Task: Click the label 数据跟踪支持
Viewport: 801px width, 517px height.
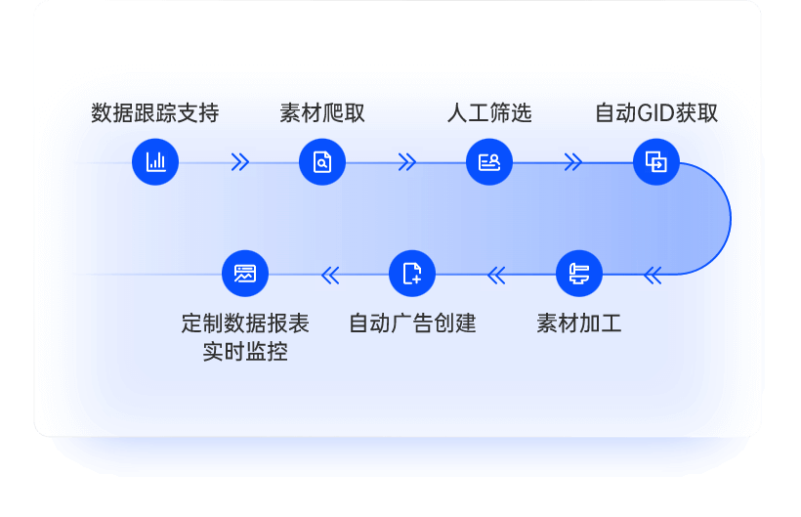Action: pos(154,113)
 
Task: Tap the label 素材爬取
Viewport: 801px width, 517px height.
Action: pos(322,113)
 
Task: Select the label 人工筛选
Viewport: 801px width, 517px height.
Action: pos(489,113)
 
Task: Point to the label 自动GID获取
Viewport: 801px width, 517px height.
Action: pos(656,113)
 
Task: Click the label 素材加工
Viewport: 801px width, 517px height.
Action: pos(579,323)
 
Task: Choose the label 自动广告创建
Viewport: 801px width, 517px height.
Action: pos(412,323)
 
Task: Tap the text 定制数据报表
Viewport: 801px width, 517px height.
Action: pos(245,323)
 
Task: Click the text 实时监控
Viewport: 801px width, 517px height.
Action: pos(245,352)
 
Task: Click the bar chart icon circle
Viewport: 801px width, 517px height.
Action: pos(155,162)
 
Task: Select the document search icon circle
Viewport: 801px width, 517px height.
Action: pos(322,162)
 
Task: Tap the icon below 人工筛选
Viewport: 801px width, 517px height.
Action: pos(489,162)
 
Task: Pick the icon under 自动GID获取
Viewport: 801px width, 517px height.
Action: pos(656,162)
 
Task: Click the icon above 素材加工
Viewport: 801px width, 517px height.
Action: pos(579,275)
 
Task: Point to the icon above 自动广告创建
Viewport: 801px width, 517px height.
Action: pos(412,275)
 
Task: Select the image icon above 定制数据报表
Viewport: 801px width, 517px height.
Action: pos(245,275)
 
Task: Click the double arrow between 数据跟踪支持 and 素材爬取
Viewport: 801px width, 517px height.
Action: pos(239,162)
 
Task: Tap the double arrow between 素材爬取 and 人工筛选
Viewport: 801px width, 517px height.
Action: pos(407,162)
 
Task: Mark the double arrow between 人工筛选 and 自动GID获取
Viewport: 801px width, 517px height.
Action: pos(573,162)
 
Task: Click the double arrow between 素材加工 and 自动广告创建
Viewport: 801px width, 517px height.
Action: pos(496,276)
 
